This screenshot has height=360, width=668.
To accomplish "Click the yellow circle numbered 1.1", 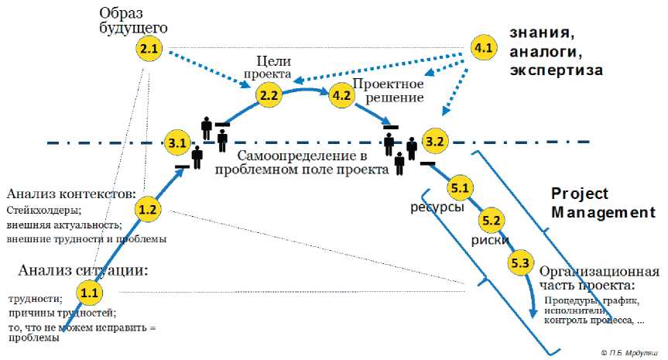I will (x=89, y=292).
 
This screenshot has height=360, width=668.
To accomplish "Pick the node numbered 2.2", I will (x=269, y=96).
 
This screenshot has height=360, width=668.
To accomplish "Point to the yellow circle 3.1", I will (x=178, y=142).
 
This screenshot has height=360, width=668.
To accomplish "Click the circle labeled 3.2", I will (x=435, y=142).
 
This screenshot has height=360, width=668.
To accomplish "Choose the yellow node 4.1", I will (x=483, y=49).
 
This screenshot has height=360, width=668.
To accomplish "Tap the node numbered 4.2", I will (x=341, y=96).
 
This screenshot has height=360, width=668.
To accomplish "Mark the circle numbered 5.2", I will (x=491, y=221).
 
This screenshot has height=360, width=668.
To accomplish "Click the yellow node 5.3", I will (x=520, y=263).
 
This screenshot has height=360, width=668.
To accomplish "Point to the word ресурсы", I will (x=437, y=207).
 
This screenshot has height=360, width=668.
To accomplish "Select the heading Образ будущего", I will (x=133, y=21).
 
